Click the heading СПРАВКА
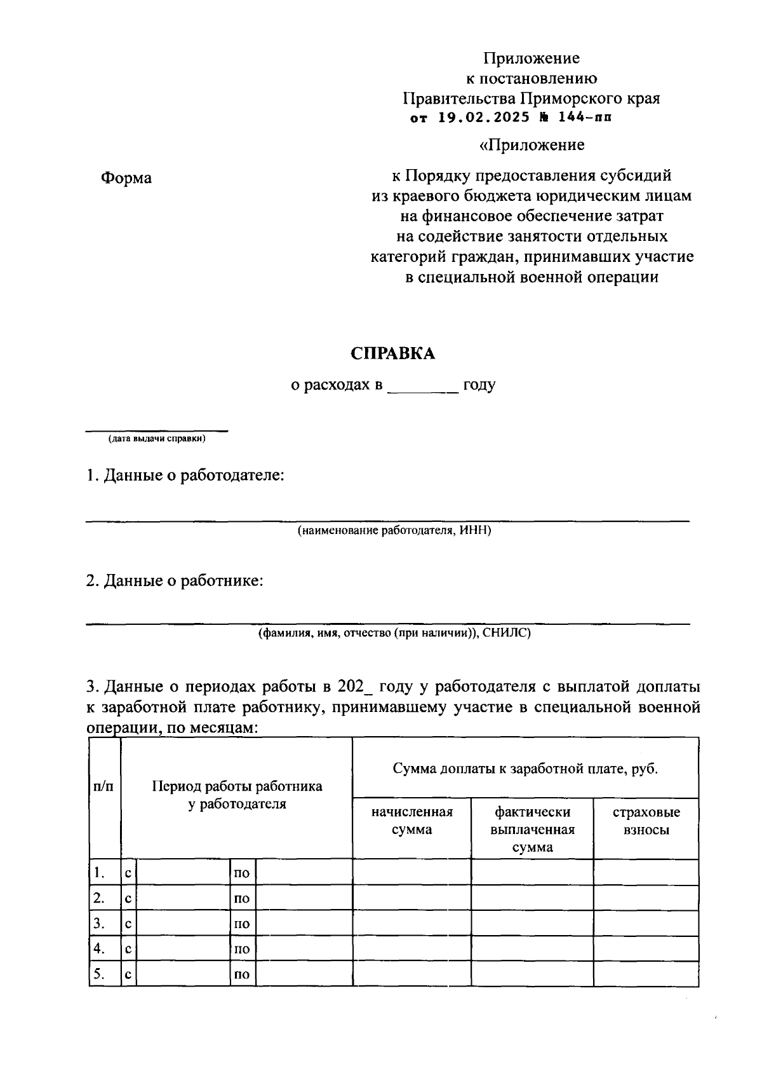point(393,354)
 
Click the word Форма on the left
point(126,178)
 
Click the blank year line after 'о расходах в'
point(422,386)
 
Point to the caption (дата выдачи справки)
point(157,439)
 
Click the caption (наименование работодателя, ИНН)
point(394,531)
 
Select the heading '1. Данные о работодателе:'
point(185,475)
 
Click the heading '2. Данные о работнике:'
point(175,580)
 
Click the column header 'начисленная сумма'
point(412,821)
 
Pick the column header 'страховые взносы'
point(646,821)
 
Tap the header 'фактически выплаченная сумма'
point(532,830)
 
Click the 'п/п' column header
point(104,786)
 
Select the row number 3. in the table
point(99,923)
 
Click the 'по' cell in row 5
point(242,974)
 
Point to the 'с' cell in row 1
point(128,873)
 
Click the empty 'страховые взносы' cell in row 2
point(646,898)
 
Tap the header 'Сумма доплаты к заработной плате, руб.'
point(525,769)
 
